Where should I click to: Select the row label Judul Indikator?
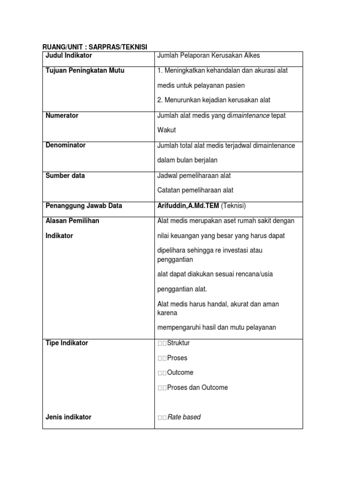(68, 55)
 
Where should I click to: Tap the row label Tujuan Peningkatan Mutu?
(85, 70)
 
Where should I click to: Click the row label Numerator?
(62, 115)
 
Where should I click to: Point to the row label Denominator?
(66, 145)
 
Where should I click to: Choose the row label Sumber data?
(65, 175)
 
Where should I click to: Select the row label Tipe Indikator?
(67, 343)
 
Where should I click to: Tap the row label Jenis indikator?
(68, 417)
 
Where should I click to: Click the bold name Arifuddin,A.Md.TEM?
(188, 205)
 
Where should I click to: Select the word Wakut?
(166, 130)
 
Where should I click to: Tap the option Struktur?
(178, 343)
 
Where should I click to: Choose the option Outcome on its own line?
(180, 373)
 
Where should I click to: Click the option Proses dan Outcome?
(197, 388)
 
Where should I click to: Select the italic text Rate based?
(184, 417)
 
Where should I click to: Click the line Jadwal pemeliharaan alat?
(194, 175)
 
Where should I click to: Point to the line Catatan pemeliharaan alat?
(195, 190)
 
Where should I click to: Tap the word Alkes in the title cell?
(251, 55)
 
